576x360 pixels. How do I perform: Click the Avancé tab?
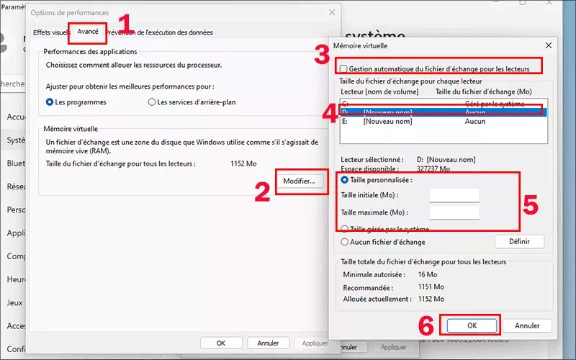tap(88, 32)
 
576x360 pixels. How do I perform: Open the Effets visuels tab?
tap(50, 32)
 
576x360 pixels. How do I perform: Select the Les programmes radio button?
tap(50, 102)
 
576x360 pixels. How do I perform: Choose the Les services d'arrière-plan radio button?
tap(151, 102)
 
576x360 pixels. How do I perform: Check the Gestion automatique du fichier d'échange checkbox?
tap(343, 69)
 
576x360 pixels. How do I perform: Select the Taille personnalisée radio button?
tap(345, 180)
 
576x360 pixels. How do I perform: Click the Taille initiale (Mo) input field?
tap(454, 196)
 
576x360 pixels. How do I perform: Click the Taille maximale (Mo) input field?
tap(454, 212)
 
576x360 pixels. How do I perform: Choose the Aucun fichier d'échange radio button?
tap(345, 242)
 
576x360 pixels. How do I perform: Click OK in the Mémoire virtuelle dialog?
tap(472, 325)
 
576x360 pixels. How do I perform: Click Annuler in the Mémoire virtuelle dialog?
tap(527, 325)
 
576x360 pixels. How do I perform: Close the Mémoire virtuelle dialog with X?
tap(549, 45)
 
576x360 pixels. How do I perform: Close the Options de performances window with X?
tap(331, 13)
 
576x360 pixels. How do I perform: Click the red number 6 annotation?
tap(427, 325)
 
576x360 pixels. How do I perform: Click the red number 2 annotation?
tap(262, 189)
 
